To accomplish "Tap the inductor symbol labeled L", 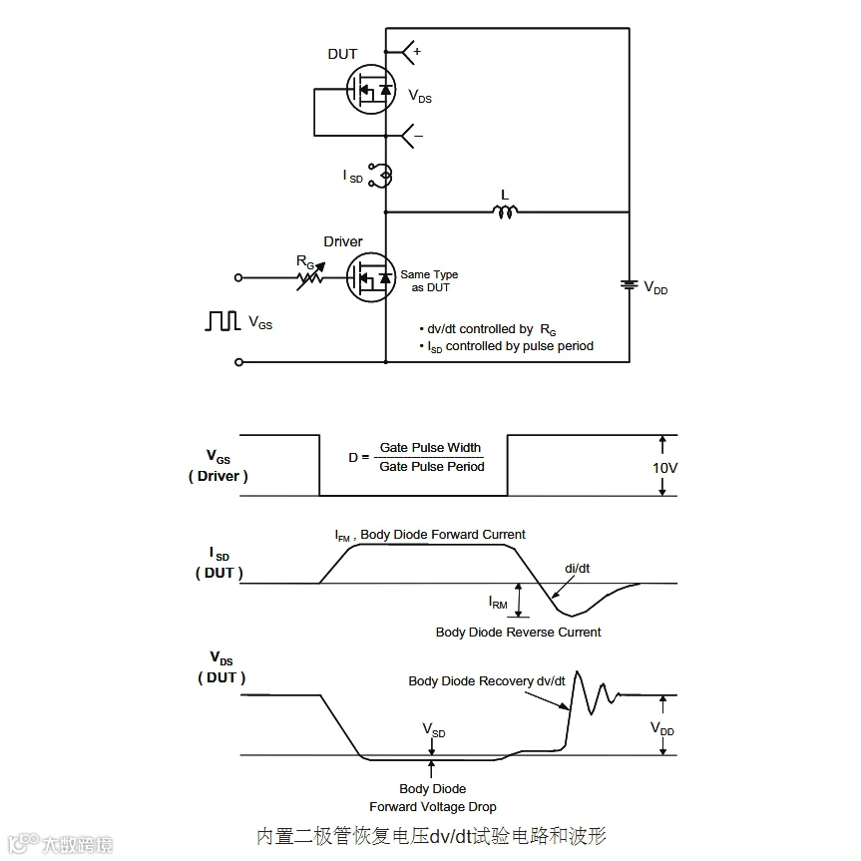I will click(505, 211).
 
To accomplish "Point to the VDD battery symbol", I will click(629, 284).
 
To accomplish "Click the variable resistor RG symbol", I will click(310, 276).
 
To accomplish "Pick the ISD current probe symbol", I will click(381, 176).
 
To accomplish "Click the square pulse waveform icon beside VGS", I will click(222, 321).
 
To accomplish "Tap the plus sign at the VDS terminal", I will click(417, 51).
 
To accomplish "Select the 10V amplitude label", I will click(665, 466).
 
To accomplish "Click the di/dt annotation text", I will click(578, 568).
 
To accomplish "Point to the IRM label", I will click(498, 602).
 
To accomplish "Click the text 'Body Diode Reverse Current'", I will click(519, 632).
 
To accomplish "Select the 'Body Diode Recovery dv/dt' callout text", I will click(487, 681).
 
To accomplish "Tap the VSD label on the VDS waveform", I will click(433, 731).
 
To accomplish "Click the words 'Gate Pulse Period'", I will click(432, 467).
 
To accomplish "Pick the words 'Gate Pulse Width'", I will click(430, 448).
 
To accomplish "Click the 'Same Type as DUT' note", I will click(430, 280).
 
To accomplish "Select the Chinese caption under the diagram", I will click(431, 835).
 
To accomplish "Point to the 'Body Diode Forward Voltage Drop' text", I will click(433, 797).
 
